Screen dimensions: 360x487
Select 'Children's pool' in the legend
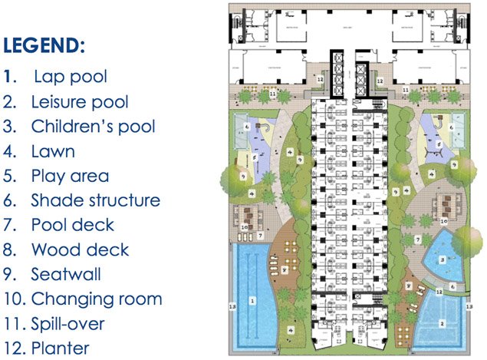pyautogui.click(x=93, y=127)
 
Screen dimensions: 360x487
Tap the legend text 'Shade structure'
pyautogui.click(x=95, y=200)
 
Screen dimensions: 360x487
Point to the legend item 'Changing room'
pyautogui.click(x=96, y=299)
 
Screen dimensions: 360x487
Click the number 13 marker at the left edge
pyautogui.click(x=232, y=306)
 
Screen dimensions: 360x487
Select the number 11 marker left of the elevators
pyautogui.click(x=273, y=93)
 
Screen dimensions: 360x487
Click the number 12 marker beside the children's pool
pyautogui.click(x=438, y=292)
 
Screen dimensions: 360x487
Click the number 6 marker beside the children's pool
pyautogui.click(x=452, y=286)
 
